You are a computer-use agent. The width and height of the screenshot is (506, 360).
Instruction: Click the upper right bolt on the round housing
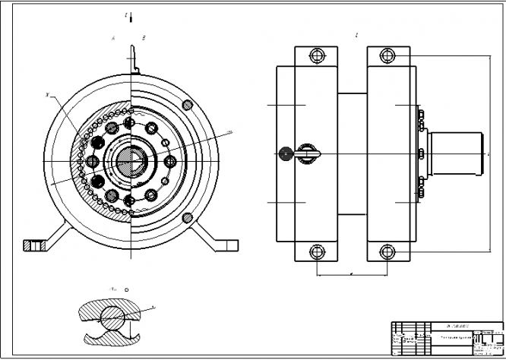[x=187, y=105]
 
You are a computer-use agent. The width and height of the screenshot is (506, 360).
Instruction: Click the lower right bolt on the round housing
[x=187, y=217]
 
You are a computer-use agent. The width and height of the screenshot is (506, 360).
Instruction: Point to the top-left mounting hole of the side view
[x=318, y=55]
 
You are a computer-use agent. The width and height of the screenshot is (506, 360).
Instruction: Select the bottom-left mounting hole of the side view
[x=318, y=251]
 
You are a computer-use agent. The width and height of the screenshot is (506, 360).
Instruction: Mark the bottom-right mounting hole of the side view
[x=388, y=251]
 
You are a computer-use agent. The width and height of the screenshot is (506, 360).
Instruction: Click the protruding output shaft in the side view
[x=456, y=153]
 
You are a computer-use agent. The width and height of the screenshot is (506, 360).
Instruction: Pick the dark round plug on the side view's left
[x=286, y=153]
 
